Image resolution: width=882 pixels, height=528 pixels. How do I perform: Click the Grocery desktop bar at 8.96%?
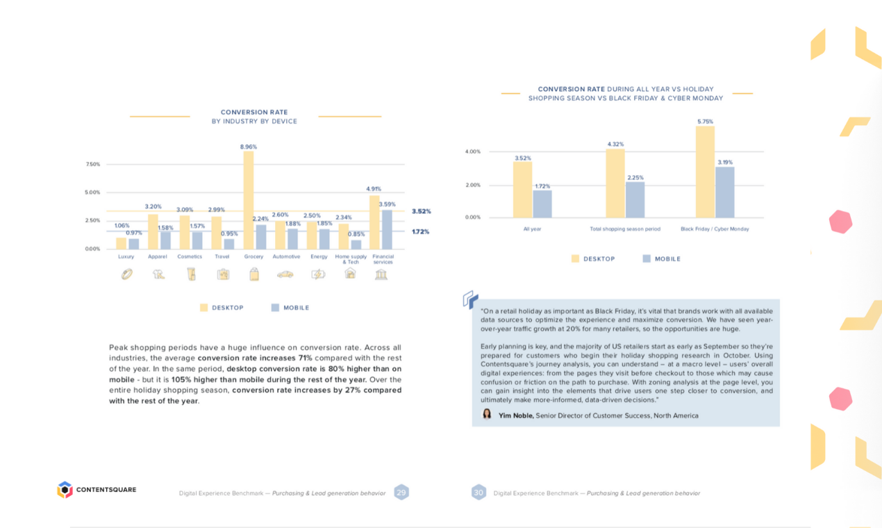pos(248,200)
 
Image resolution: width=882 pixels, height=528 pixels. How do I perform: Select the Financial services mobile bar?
pos(387,230)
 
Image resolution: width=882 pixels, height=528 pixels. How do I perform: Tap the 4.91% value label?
pos(374,189)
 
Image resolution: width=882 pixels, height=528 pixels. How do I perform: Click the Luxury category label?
pos(126,256)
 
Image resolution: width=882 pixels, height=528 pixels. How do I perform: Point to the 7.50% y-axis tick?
pos(92,165)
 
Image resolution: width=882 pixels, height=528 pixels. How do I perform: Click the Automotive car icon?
pos(285,274)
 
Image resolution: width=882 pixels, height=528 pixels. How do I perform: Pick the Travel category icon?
pos(222,274)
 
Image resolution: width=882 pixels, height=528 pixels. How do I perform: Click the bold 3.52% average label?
pos(421,211)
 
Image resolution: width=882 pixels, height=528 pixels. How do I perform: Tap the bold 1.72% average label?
pos(421,231)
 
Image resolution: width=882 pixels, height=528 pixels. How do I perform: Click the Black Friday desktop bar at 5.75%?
pos(705,172)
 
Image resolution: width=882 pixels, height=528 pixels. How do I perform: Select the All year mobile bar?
pos(542,204)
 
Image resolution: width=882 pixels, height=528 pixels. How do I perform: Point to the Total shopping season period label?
pos(625,229)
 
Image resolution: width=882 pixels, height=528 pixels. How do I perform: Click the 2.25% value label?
pos(635,178)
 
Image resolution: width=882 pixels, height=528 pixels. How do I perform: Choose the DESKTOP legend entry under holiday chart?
pos(593,259)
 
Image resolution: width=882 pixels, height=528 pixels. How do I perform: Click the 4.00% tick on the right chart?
pos(473,151)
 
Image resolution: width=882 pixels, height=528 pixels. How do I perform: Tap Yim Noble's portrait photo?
pos(487,415)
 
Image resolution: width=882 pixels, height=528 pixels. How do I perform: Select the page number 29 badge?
pos(401,493)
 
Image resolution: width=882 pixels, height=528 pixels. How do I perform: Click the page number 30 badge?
pos(479,493)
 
